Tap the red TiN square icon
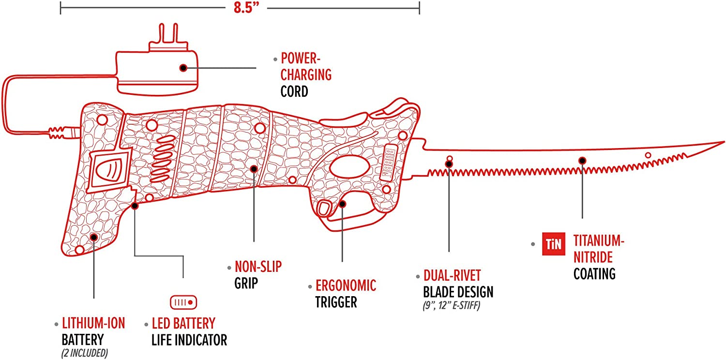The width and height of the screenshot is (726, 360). pyautogui.click(x=553, y=244)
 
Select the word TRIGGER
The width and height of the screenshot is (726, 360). pyautogui.click(x=336, y=302)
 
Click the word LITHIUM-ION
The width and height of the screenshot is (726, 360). pyautogui.click(x=93, y=323)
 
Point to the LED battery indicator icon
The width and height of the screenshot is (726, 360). pyautogui.click(x=183, y=302)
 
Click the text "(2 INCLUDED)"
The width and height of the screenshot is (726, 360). pyautogui.click(x=85, y=353)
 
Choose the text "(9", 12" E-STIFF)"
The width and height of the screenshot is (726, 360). pyautogui.click(x=451, y=306)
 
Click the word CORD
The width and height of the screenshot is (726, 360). pyautogui.click(x=294, y=91)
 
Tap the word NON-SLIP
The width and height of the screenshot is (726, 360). pyautogui.click(x=258, y=267)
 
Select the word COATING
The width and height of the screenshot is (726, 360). pyautogui.click(x=594, y=273)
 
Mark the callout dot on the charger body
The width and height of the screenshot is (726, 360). pyautogui.click(x=183, y=68)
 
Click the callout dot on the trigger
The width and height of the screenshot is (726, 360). pyautogui.click(x=342, y=204)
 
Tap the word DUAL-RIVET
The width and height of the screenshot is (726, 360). pyautogui.click(x=452, y=276)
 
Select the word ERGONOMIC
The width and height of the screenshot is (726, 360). pyautogui.click(x=346, y=285)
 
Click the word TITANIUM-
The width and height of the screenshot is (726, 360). pyautogui.click(x=596, y=240)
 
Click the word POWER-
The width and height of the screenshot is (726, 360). pyautogui.click(x=301, y=59)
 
